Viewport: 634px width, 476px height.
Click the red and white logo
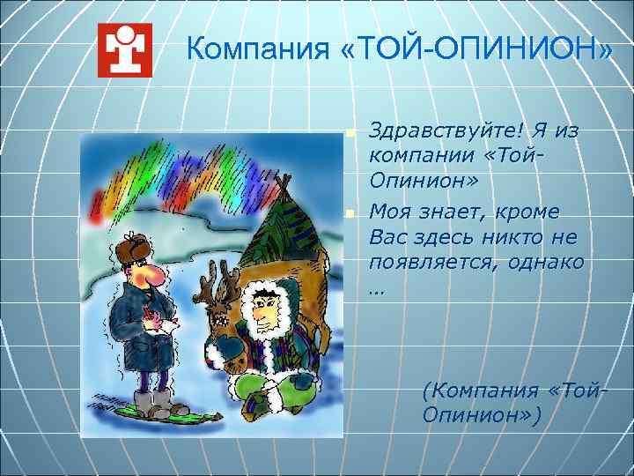tap(124, 50)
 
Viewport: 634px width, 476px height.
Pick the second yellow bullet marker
tap(350, 213)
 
